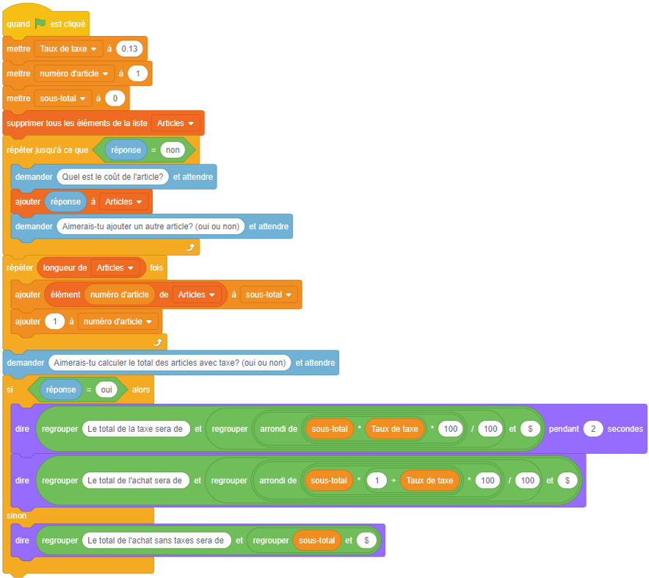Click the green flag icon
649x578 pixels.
tap(40, 24)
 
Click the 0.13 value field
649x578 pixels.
tap(130, 48)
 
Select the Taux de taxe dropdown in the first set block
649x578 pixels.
tap(69, 48)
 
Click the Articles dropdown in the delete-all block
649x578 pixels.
tap(176, 123)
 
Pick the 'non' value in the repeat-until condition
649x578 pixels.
tap(173, 150)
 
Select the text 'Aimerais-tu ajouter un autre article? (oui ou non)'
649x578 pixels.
tap(151, 226)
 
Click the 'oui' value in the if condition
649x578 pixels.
tap(106, 389)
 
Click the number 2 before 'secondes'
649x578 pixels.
tap(593, 429)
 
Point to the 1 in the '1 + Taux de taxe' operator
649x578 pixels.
tap(376, 480)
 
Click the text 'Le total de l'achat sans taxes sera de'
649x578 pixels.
tap(155, 540)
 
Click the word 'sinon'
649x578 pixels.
tap(17, 516)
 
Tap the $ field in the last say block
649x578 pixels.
tap(366, 540)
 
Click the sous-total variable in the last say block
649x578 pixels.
tap(316, 540)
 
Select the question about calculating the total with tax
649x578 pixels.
tap(170, 362)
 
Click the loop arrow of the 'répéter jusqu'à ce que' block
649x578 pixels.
tap(189, 248)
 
